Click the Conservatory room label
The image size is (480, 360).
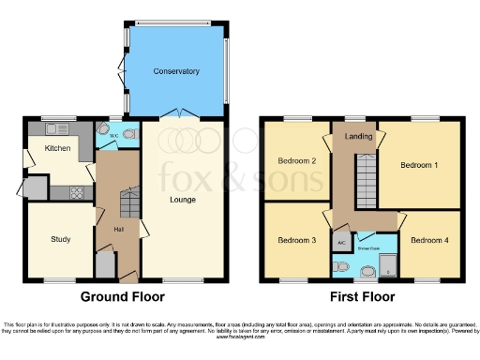[176, 71]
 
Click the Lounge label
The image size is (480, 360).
[182, 200]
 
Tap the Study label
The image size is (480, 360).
[60, 239]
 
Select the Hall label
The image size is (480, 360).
[119, 229]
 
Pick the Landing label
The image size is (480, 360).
[358, 138]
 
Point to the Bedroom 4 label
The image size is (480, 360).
[429, 240]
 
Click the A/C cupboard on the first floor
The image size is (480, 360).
[341, 241]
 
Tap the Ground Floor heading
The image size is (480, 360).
[124, 296]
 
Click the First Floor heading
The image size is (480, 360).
[361, 296]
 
